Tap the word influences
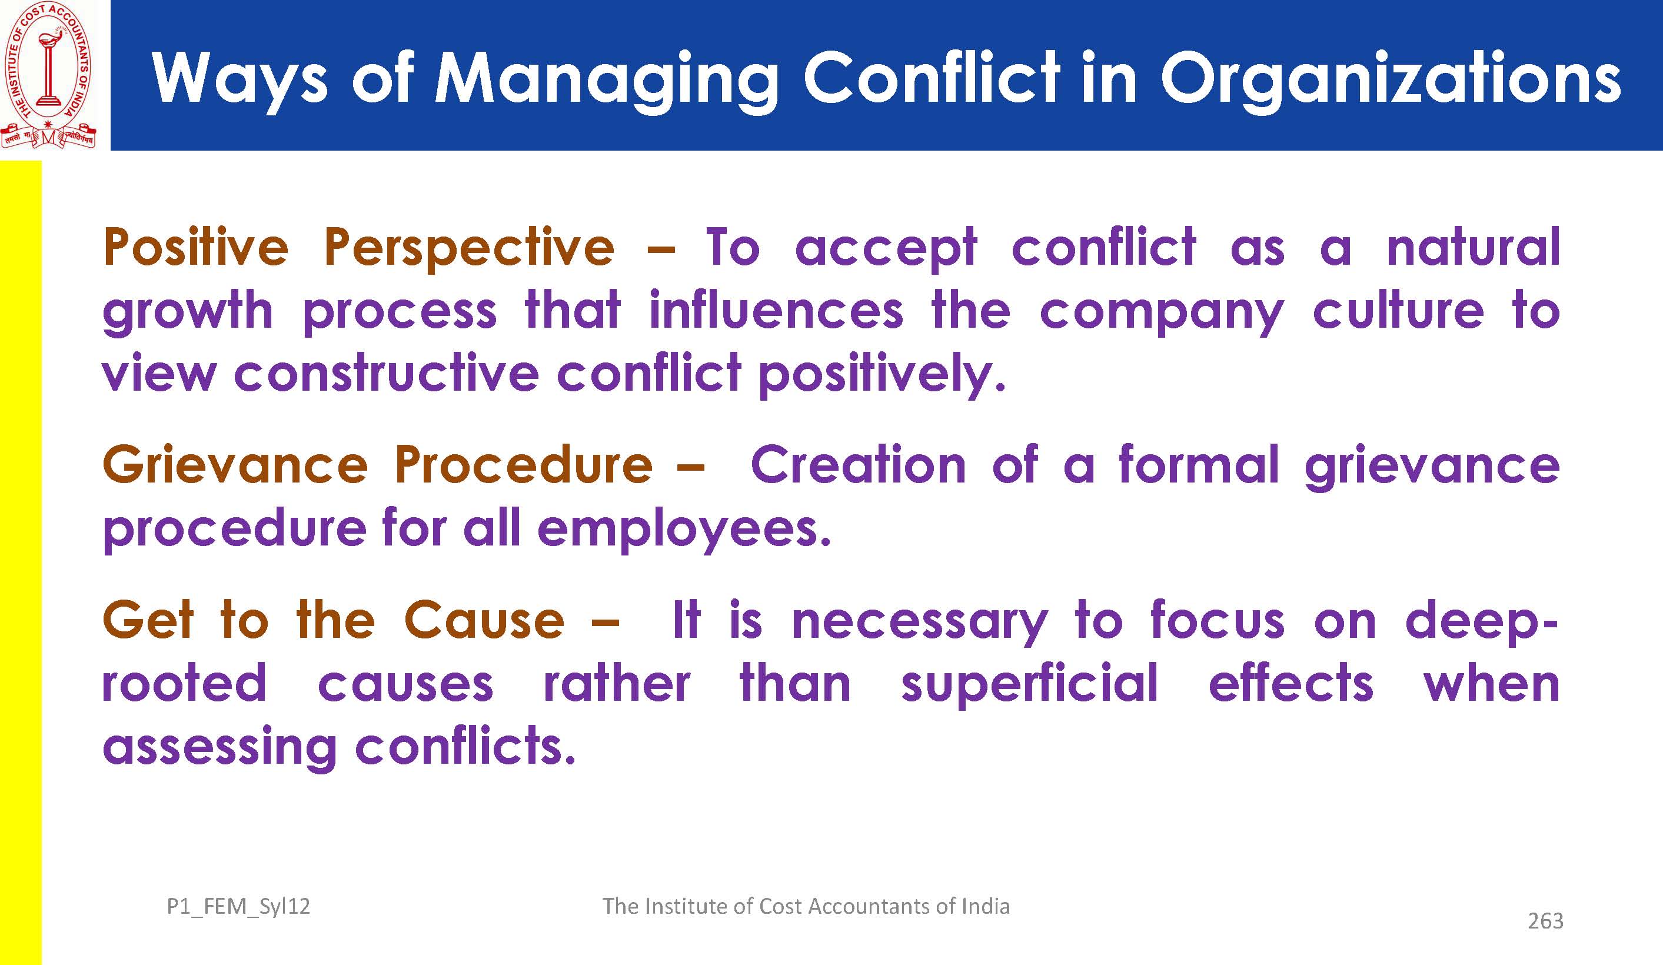click(x=776, y=310)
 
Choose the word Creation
click(x=859, y=465)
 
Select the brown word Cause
click(x=484, y=620)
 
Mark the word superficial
click(x=1029, y=684)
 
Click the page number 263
click(x=1545, y=921)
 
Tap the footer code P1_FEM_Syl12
click(x=238, y=907)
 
